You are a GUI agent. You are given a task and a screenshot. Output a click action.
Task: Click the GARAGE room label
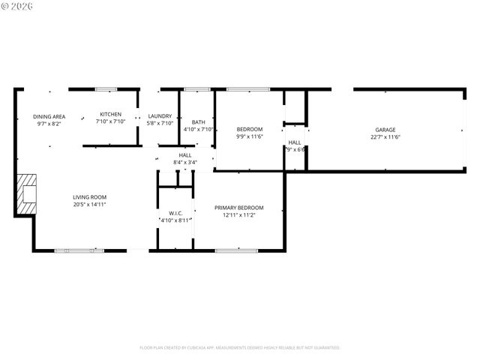click(385, 130)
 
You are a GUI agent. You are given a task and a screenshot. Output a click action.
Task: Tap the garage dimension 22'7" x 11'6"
click(385, 137)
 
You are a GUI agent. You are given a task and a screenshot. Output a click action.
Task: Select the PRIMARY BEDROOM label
click(239, 208)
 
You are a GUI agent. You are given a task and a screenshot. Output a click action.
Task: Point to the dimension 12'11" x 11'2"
click(239, 215)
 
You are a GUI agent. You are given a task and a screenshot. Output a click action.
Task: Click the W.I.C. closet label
click(176, 213)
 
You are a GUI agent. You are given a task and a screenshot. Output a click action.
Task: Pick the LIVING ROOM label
click(89, 196)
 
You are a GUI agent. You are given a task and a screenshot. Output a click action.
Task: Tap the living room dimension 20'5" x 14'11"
click(89, 204)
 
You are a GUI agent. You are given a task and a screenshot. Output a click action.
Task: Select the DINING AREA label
click(49, 116)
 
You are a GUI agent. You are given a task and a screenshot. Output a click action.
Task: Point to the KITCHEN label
click(110, 114)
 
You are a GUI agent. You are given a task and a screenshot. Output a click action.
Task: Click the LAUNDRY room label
click(160, 116)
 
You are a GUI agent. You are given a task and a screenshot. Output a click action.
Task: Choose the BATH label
click(198, 122)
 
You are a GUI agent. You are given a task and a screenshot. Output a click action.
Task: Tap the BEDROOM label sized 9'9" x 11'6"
click(250, 129)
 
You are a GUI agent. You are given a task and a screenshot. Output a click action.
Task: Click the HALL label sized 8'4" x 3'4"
click(185, 155)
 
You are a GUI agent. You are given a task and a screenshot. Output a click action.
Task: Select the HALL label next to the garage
click(295, 142)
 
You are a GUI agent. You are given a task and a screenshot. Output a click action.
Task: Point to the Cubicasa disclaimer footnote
click(240, 348)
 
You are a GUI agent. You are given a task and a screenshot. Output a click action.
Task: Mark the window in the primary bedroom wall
click(231, 250)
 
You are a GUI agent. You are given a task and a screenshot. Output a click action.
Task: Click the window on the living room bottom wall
click(74, 250)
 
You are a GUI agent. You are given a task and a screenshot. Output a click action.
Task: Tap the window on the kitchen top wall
click(106, 89)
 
